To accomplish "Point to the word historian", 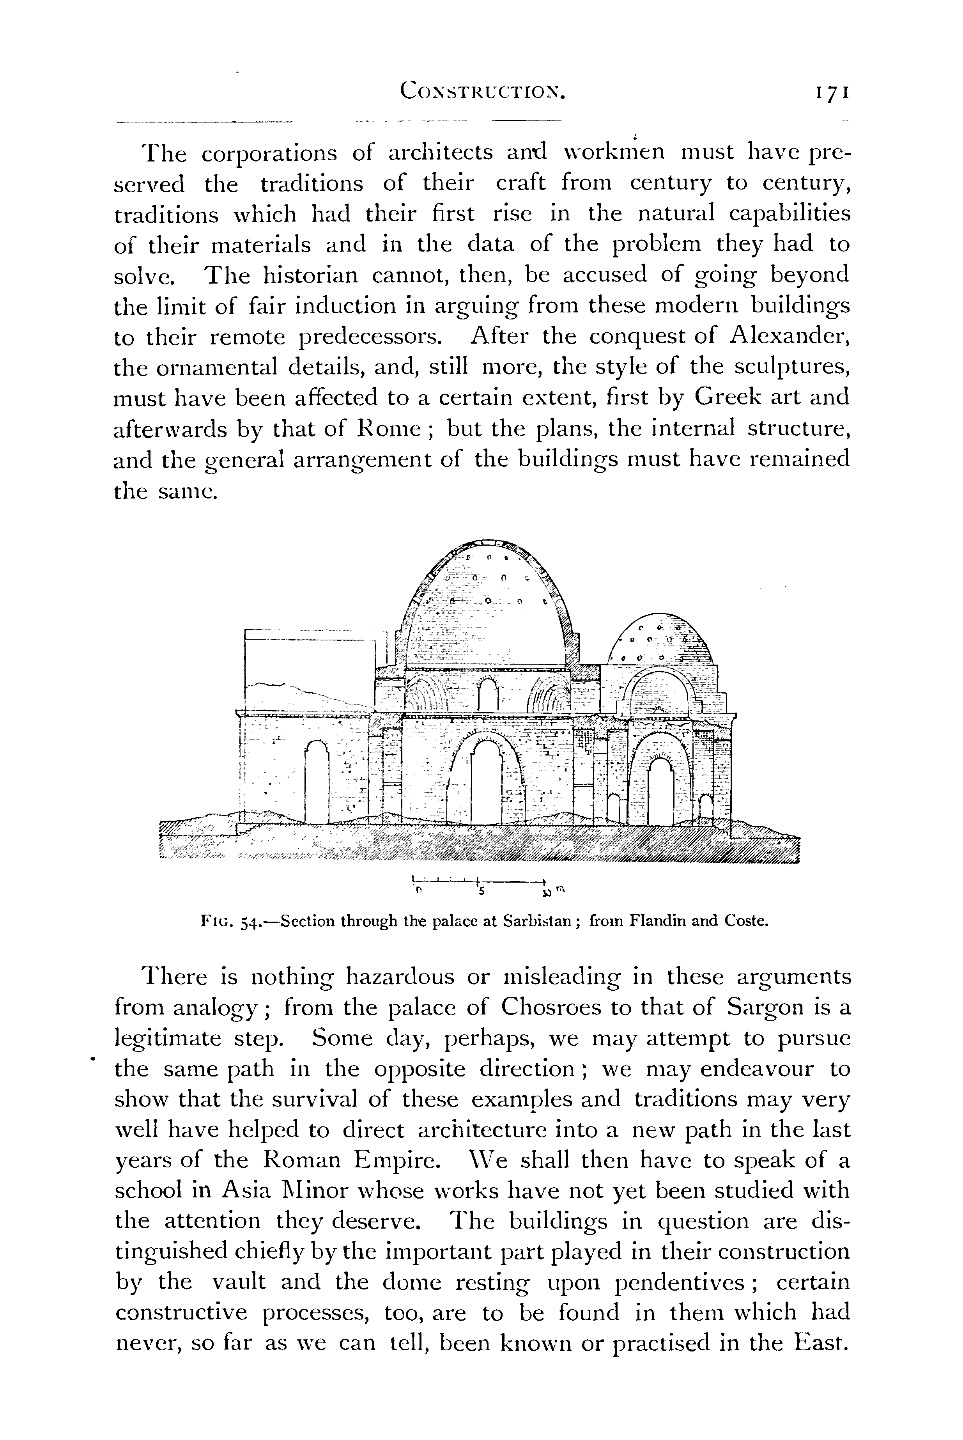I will point(310,275).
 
